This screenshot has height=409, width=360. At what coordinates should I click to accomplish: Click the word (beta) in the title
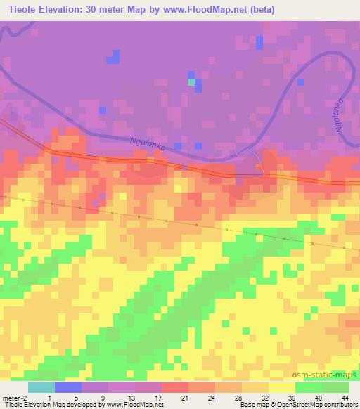click(259, 10)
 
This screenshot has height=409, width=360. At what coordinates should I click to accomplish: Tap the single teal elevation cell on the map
click(191, 82)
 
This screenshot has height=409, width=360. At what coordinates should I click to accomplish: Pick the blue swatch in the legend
click(67, 387)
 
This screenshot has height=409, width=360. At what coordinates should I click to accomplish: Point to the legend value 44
click(345, 397)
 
